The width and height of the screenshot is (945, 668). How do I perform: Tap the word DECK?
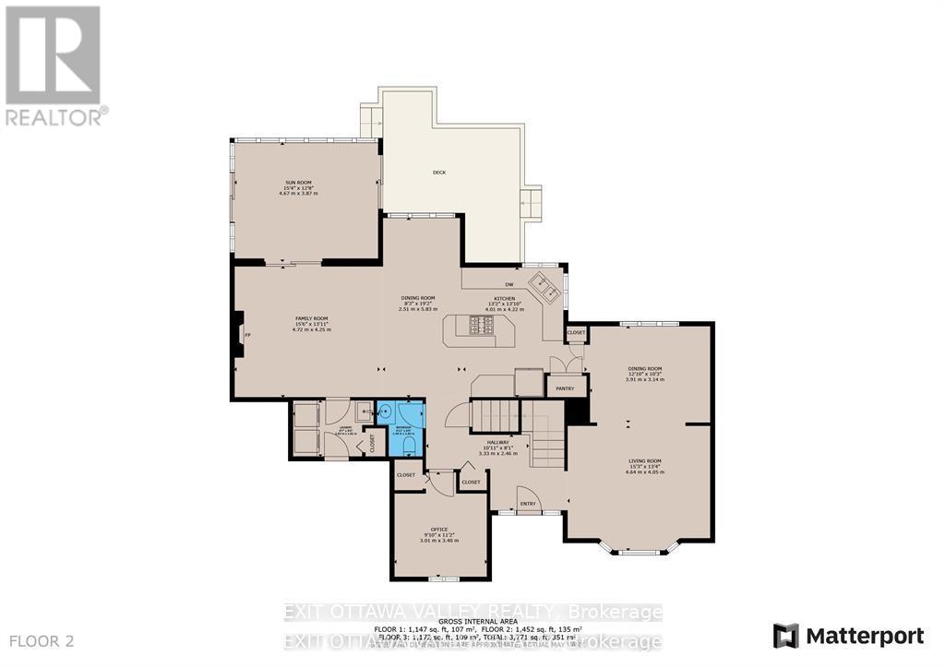(x=439, y=173)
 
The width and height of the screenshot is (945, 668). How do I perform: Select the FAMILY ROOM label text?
(x=311, y=318)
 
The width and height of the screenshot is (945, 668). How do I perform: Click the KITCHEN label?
(x=503, y=298)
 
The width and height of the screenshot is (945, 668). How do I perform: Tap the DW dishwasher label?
(x=508, y=284)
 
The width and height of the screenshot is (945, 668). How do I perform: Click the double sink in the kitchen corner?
(x=545, y=286)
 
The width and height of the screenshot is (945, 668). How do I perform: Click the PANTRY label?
(x=565, y=388)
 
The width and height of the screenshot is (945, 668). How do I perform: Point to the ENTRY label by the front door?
(x=528, y=503)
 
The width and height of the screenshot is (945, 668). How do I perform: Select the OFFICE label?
(x=439, y=529)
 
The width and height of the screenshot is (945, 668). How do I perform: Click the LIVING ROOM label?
(x=645, y=461)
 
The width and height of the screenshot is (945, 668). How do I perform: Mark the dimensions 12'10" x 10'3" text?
(x=645, y=374)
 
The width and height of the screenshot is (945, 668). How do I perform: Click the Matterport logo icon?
(x=785, y=636)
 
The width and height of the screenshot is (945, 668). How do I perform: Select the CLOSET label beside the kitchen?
(x=576, y=332)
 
